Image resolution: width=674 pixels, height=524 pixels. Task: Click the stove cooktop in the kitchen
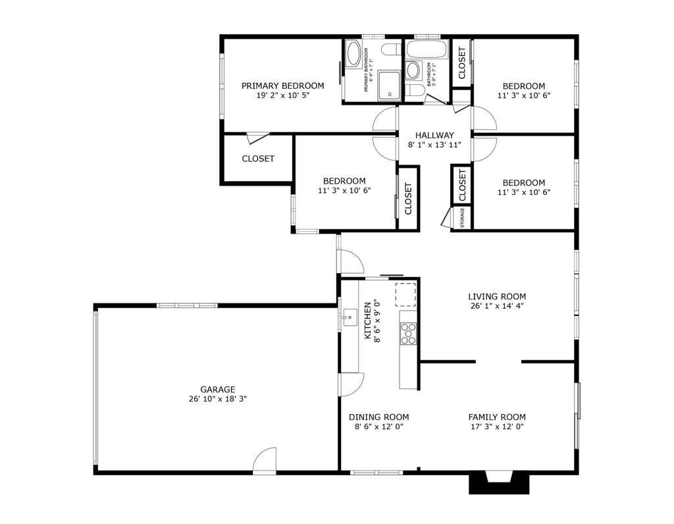409,334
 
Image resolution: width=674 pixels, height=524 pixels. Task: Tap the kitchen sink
348,318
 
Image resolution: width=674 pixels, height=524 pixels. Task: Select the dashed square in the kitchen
405,295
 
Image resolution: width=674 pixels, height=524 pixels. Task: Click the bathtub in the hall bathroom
427,49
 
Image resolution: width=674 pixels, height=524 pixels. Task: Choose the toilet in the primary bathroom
390,49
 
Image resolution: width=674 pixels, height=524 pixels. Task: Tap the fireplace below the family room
499,482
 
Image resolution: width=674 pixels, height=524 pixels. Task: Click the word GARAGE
217,390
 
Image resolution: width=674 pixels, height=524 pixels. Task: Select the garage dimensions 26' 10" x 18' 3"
217,399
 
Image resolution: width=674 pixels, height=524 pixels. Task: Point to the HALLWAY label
434,136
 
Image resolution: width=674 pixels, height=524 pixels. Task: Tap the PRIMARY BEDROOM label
282,86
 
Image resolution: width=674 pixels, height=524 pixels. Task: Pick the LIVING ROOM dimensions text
497,306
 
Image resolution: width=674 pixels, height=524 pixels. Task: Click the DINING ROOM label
378,417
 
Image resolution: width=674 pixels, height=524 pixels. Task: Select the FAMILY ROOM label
497,417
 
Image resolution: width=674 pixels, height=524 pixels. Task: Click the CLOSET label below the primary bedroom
258,159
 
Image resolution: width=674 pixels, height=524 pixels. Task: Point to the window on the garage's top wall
187,305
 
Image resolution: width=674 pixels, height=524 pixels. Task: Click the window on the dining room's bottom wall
376,472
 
